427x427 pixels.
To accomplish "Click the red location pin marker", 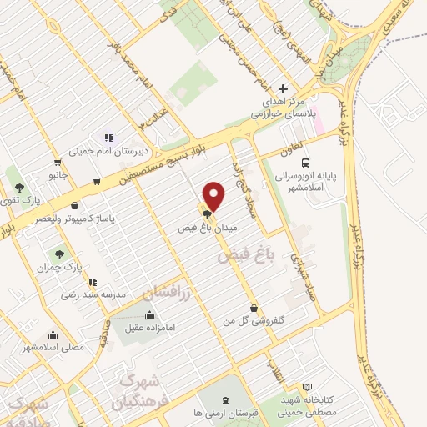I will point(215,196).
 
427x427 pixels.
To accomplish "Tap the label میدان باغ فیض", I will point(208,227).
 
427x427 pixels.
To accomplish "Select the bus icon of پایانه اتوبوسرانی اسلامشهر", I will point(306,163).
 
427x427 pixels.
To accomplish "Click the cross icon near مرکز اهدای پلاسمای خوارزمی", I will point(284,88).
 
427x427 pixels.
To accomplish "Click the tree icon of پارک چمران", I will point(59,254).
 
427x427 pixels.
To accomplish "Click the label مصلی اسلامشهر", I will point(53,347).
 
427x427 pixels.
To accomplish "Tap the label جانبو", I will point(57,177).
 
